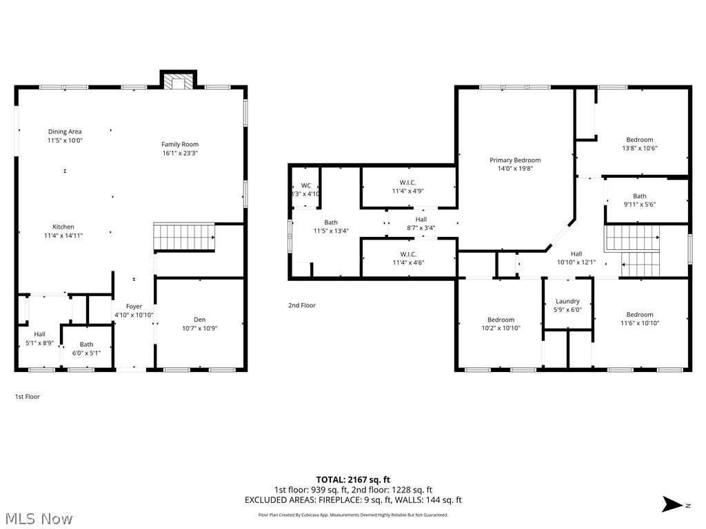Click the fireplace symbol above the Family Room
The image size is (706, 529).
[179, 82]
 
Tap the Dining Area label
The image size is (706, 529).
[65, 132]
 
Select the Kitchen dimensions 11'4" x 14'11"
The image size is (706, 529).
[63, 236]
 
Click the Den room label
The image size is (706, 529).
[199, 319]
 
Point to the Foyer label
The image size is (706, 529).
[133, 307]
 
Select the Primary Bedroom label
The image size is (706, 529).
[515, 160]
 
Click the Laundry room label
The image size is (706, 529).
[567, 301]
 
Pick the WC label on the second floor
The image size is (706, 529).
[305, 185]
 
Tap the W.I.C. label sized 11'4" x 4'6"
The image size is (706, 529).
[407, 258]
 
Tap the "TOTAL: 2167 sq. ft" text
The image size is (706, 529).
[353, 479]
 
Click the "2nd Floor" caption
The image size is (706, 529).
[302, 305]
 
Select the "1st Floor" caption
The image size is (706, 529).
[28, 396]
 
